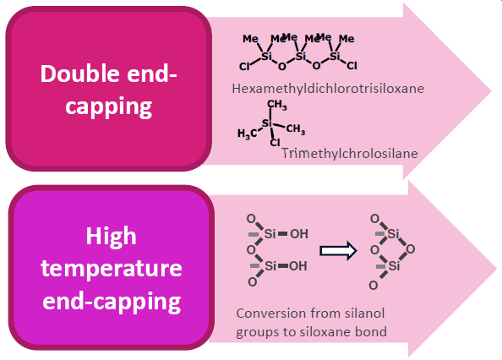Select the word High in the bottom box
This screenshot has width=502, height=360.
[x=111, y=237]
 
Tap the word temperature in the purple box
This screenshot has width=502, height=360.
[x=112, y=269]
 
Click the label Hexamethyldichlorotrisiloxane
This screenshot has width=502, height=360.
[x=328, y=89]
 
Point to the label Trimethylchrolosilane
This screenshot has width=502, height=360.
[x=350, y=154]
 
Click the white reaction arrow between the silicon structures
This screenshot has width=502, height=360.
[x=338, y=250]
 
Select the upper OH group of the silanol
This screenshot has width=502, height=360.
[x=299, y=234]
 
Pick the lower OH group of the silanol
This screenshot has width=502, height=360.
[x=298, y=265]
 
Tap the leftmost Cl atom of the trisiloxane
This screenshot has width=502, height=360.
[x=244, y=66]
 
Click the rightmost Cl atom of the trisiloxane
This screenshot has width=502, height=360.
[x=352, y=66]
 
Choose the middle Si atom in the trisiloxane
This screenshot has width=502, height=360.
[x=300, y=57]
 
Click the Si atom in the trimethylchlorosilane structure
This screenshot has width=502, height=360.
[x=267, y=123]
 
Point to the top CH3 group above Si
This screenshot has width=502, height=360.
[x=277, y=105]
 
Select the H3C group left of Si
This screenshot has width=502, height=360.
[x=247, y=134]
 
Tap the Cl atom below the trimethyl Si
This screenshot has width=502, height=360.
[x=275, y=143]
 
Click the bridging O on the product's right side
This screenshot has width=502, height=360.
[x=411, y=248]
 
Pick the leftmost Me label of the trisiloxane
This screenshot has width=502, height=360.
[x=250, y=39]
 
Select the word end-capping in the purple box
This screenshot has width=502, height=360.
[x=112, y=302]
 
